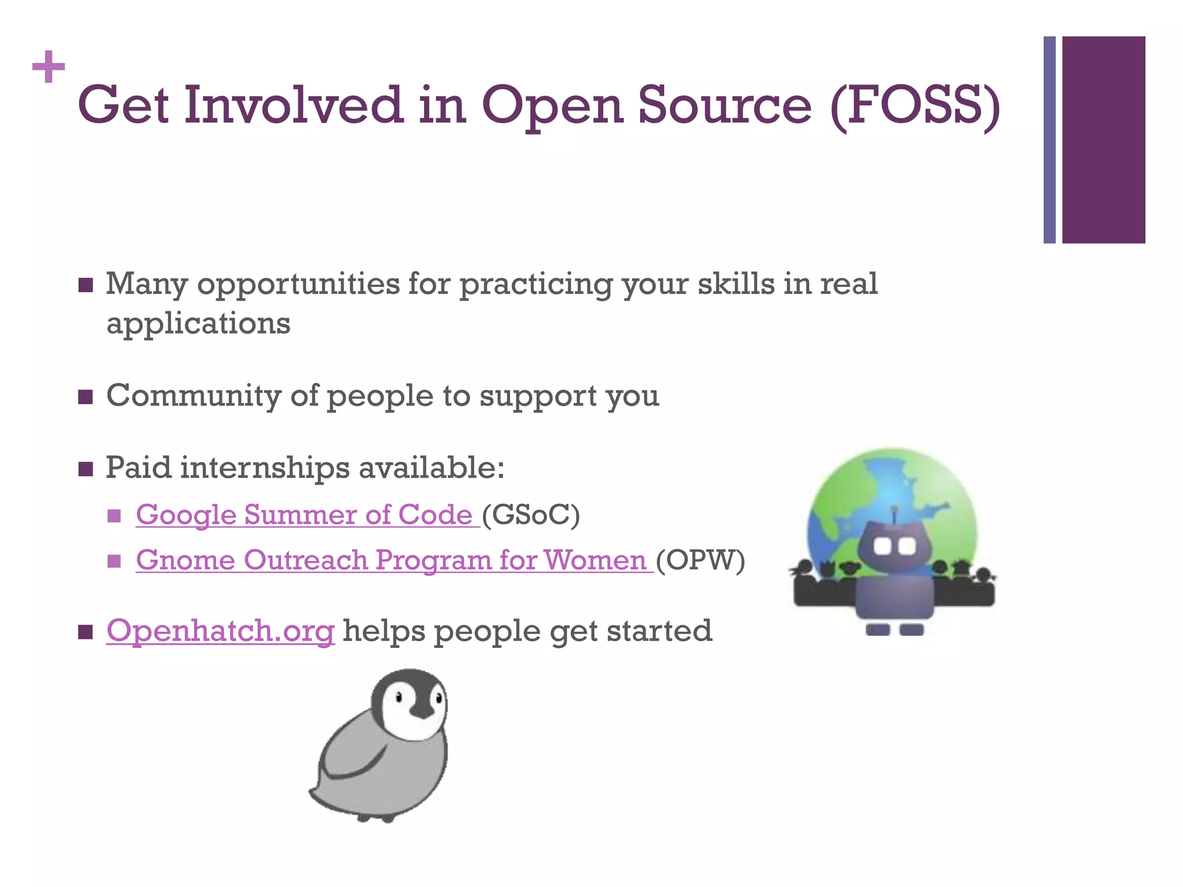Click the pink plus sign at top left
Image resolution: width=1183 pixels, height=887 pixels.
point(49,67)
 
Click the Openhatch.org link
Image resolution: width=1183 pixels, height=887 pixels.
point(220,631)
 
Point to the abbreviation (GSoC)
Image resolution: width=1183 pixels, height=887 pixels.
point(530,515)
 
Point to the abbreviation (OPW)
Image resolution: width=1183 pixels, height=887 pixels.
point(701,560)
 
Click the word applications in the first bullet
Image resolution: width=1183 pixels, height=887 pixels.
point(198,323)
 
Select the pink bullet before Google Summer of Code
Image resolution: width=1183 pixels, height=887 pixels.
point(114,515)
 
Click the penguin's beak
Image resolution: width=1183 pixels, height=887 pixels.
point(422,711)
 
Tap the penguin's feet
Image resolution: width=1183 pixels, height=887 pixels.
point(375,817)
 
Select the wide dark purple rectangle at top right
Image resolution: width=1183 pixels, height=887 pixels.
point(1103,140)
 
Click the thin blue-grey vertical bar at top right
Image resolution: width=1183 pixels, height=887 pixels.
point(1049,140)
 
